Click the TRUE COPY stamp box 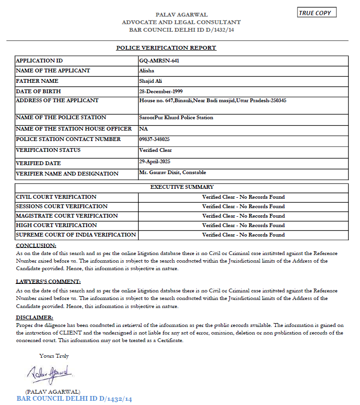pyautogui.click(x=317, y=13)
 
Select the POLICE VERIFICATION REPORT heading pyautogui.click(x=166, y=48)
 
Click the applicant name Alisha pyautogui.click(x=147, y=71)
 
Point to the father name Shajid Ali pyautogui.click(x=150, y=81)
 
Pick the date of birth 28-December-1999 pyautogui.click(x=161, y=91)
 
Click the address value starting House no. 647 pyautogui.click(x=212, y=101)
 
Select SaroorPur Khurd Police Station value pyautogui.click(x=176, y=118)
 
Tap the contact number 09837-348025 pyautogui.click(x=154, y=140)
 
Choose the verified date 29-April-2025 pyautogui.click(x=155, y=162)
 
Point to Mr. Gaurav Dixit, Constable pyautogui.click(x=172, y=173)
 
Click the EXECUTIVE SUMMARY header pyautogui.click(x=182, y=187)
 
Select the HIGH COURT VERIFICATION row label pyautogui.click(x=56, y=225)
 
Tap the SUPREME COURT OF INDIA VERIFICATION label pyautogui.click(x=76, y=235)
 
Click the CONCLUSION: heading pyautogui.click(x=36, y=246)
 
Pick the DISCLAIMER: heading pyautogui.click(x=35, y=317)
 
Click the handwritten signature pyautogui.click(x=49, y=374)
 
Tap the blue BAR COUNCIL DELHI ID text pyautogui.click(x=74, y=399)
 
